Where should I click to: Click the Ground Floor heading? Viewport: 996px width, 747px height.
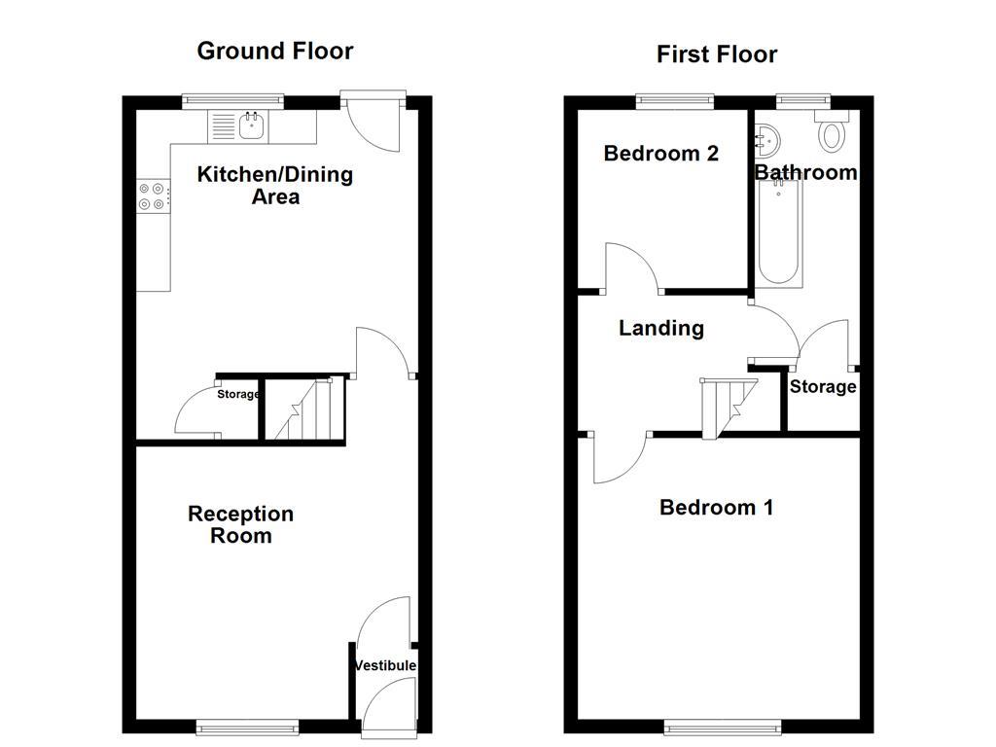[275, 51]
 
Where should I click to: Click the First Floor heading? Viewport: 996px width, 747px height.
[717, 54]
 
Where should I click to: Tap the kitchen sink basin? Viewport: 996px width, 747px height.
[252, 125]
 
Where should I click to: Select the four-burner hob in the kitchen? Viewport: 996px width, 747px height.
[154, 196]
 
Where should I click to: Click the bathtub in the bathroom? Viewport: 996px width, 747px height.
[779, 232]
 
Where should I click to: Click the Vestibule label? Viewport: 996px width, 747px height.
[385, 665]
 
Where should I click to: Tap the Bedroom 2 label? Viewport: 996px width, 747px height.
[660, 153]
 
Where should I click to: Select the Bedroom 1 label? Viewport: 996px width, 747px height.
[717, 507]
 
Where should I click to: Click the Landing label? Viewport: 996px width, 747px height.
[661, 328]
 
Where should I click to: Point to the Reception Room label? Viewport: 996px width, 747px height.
[241, 524]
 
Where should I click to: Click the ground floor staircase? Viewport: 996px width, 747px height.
[304, 409]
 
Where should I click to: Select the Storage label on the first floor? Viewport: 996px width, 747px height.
[823, 387]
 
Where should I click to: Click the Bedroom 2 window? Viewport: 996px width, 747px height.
[675, 100]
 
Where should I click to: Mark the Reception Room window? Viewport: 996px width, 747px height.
[247, 726]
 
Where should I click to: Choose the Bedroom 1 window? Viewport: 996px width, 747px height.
[723, 726]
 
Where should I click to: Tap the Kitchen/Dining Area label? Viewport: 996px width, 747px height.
[275, 185]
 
